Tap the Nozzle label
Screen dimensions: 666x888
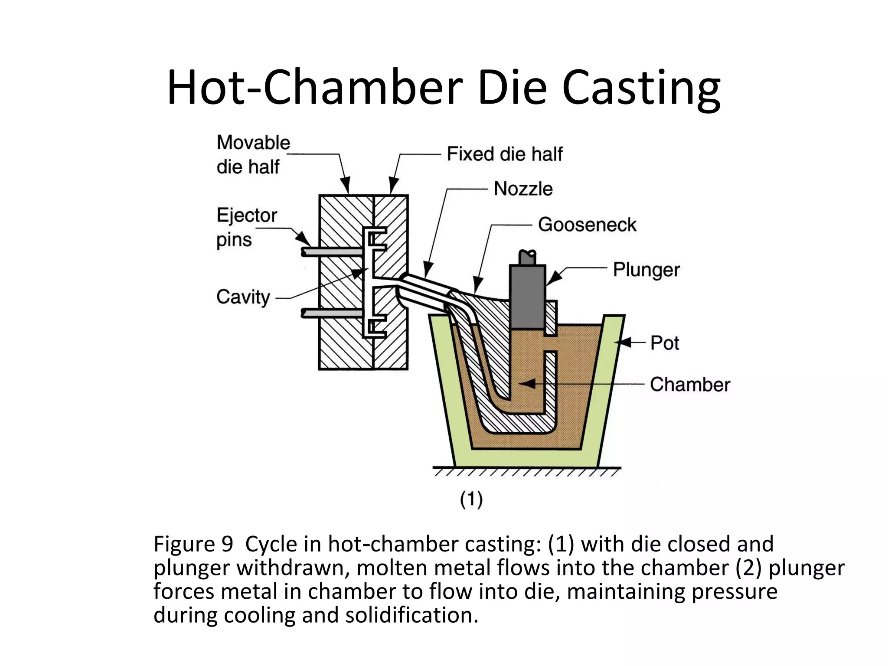pyautogui.click(x=523, y=189)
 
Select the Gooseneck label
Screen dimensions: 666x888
pyautogui.click(x=587, y=225)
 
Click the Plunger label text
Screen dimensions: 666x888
pyautogui.click(x=646, y=270)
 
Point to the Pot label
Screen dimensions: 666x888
pyautogui.click(x=664, y=343)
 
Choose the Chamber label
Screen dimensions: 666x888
pyautogui.click(x=689, y=385)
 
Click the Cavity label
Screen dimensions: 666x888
pyautogui.click(x=243, y=297)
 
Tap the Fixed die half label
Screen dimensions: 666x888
pyautogui.click(x=504, y=154)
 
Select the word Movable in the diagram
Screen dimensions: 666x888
pyautogui.click(x=253, y=143)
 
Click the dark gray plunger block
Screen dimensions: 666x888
pyautogui.click(x=527, y=297)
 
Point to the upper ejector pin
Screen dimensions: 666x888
pyautogui.click(x=332, y=251)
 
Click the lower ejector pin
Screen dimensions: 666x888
pyautogui.click(x=332, y=312)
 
